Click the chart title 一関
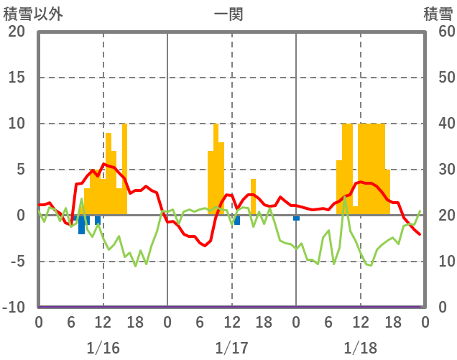click(x=228, y=13)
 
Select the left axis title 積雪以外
click(x=32, y=13)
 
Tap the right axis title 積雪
click(x=438, y=13)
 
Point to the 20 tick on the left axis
click(x=16, y=32)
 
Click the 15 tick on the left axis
click(x=16, y=78)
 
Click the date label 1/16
click(x=103, y=348)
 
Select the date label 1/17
click(x=231, y=348)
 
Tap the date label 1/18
click(x=360, y=348)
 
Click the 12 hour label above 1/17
click(x=231, y=323)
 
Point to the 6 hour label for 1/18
click(x=328, y=323)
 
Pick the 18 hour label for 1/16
click(x=135, y=323)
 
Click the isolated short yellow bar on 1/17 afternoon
click(x=253, y=197)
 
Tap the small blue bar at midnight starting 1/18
click(x=296, y=218)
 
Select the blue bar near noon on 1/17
click(x=237, y=221)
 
